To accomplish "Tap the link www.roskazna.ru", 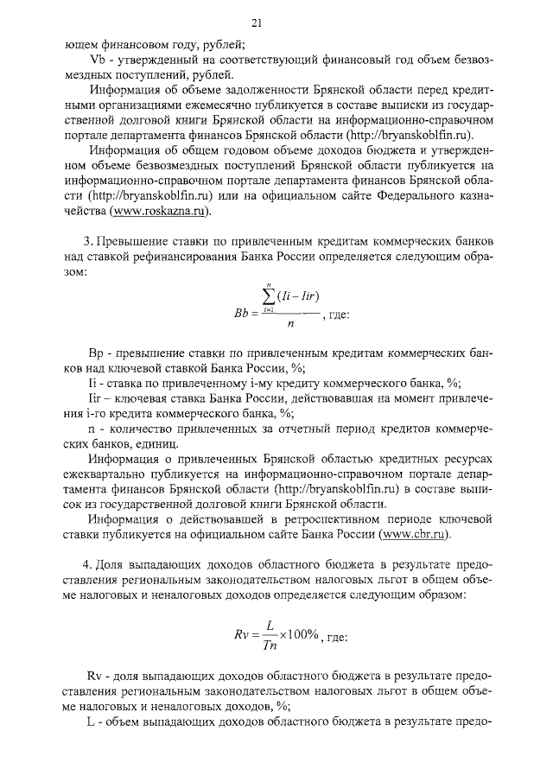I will pyautogui.click(x=164, y=211).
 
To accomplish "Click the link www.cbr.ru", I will pyautogui.click(x=416, y=535).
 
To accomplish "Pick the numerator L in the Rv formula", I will pyautogui.click(x=270, y=623).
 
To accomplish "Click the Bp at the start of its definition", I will pyautogui.click(x=97, y=354).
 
